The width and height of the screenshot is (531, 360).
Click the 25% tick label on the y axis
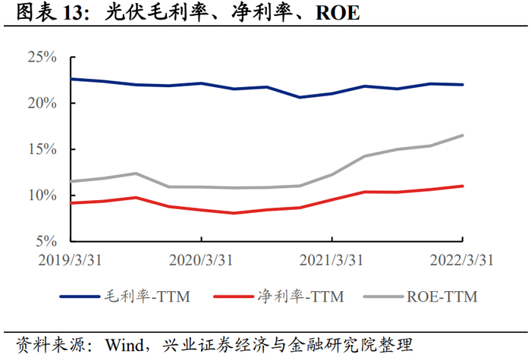42,57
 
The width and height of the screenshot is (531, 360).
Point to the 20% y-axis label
42,103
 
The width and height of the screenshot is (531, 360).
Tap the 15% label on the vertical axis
42,149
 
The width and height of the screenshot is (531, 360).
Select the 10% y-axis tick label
42,196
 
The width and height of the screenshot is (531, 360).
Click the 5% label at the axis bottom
46,241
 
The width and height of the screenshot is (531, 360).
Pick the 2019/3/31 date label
70,260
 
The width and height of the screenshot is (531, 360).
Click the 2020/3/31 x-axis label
201,260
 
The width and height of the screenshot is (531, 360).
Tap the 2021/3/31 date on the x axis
331,260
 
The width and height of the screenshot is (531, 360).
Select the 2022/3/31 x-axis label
461,260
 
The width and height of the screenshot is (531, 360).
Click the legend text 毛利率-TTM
147,297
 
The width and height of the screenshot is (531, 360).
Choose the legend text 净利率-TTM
300,297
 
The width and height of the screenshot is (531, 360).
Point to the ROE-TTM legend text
442,297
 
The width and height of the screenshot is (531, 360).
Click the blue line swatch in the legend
80,297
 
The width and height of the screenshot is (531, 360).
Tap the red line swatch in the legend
234,297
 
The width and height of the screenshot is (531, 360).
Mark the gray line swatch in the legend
383,297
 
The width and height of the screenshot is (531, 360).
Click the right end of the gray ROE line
463,136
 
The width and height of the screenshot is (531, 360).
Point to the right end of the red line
463,186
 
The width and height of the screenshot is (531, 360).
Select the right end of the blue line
463,85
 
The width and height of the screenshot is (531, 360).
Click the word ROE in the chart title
338,13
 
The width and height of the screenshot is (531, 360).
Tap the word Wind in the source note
124,345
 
